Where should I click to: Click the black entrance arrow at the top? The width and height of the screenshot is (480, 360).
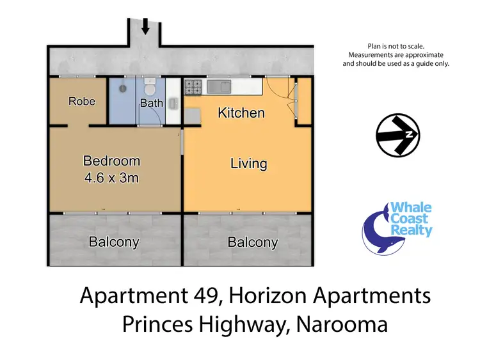tap(146, 26)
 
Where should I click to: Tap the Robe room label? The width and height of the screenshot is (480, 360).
tap(82, 101)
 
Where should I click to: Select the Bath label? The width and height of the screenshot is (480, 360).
tap(151, 103)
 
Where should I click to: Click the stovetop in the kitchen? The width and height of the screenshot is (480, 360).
tap(193, 85)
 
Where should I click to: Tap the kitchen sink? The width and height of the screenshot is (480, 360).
tap(226, 85)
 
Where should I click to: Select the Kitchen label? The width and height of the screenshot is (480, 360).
tap(241, 113)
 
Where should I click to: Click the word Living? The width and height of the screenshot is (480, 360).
tap(248, 164)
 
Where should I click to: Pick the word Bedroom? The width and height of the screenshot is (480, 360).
tap(111, 161)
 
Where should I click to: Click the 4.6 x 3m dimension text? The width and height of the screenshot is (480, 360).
tap(111, 178)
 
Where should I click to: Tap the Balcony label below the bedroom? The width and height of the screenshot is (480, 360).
tap(114, 242)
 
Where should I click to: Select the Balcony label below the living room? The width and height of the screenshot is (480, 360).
tap(253, 242)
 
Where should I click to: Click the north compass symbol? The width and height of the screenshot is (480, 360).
tap(397, 135)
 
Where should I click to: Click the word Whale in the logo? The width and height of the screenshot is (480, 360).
tap(412, 208)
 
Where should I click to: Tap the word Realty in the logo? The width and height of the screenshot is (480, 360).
tap(415, 231)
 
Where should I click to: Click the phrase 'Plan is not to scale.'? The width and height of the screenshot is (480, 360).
tap(396, 46)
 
